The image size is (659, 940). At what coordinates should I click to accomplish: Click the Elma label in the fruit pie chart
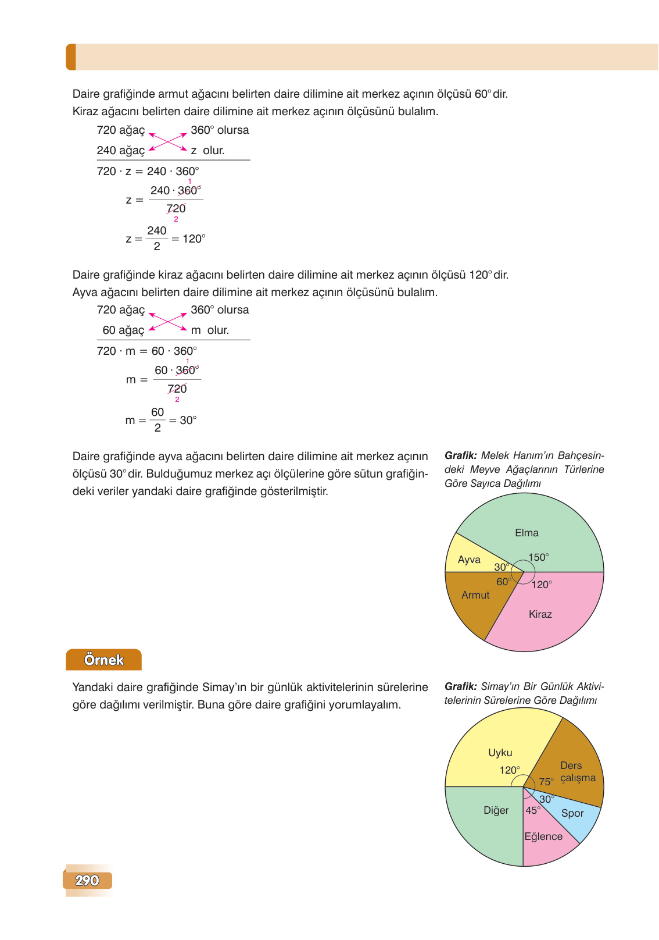click(x=527, y=533)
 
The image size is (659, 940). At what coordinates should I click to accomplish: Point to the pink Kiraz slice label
click(x=540, y=614)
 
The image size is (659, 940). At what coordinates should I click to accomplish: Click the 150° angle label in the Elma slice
click(x=539, y=557)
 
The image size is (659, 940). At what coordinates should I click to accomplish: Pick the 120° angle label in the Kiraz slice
click(x=542, y=585)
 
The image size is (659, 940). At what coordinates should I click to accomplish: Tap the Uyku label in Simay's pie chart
click(x=500, y=753)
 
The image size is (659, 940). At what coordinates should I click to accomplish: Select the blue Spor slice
click(x=572, y=814)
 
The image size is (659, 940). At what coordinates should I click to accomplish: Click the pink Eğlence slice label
click(x=543, y=836)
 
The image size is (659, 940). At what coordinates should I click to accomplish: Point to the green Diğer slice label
click(x=496, y=810)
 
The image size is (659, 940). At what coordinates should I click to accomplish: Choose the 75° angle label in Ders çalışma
click(x=546, y=782)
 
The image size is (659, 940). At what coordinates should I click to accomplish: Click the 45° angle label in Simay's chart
click(x=533, y=810)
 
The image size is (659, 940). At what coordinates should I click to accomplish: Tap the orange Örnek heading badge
click(x=103, y=660)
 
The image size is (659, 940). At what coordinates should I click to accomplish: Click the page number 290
click(x=87, y=881)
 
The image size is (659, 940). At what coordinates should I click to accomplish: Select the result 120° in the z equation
click(x=194, y=238)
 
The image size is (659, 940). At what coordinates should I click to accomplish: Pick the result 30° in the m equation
click(x=188, y=420)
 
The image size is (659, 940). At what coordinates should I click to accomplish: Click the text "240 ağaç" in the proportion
click(x=120, y=151)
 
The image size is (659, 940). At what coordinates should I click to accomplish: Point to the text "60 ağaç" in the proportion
click(x=123, y=330)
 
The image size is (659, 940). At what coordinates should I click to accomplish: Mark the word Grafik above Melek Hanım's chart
click(x=460, y=455)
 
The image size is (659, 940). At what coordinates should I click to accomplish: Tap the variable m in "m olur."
click(x=196, y=330)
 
